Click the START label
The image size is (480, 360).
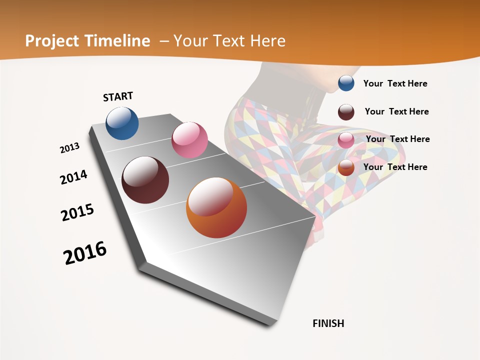(118, 96)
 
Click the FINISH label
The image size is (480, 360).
(328, 323)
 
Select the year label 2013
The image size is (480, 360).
(69, 148)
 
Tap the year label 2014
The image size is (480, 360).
(73, 177)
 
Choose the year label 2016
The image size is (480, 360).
(85, 253)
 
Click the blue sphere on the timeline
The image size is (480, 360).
(122, 123)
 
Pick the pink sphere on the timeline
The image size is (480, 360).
(189, 140)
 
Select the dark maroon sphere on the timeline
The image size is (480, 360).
(145, 180)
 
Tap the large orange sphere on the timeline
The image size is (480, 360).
(216, 207)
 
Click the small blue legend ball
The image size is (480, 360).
(346, 83)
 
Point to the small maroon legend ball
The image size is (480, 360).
(346, 112)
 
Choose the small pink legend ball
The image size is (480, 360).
(346, 140)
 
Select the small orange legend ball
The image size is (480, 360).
(346, 168)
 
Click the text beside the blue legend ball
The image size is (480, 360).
(395, 83)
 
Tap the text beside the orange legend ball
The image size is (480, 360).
(395, 167)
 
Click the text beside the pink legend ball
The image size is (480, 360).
(397, 139)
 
